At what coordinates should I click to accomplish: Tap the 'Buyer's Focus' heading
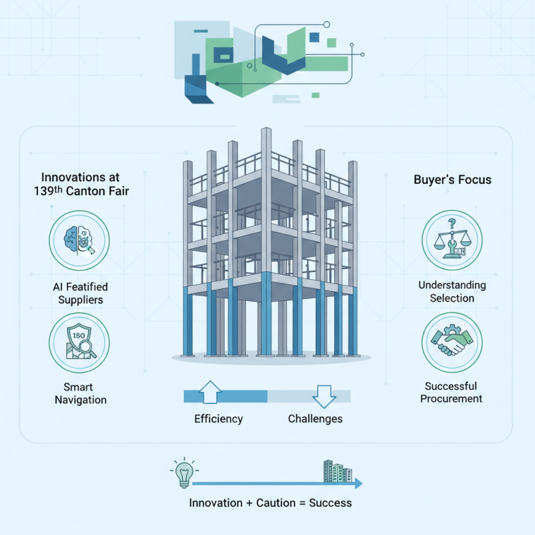point(452,180)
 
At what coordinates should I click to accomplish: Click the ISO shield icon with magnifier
point(80,343)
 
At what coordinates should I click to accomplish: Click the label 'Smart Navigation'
point(80,393)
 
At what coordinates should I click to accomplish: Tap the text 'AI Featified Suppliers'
point(80,293)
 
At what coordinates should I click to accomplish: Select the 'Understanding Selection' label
point(452,292)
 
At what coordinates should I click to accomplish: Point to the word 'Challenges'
point(315,419)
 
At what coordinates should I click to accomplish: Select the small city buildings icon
point(338,471)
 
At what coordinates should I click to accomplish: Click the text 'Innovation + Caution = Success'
point(270,502)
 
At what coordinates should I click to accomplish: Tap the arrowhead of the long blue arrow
point(359,483)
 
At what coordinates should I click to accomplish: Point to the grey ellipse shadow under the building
point(270,358)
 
